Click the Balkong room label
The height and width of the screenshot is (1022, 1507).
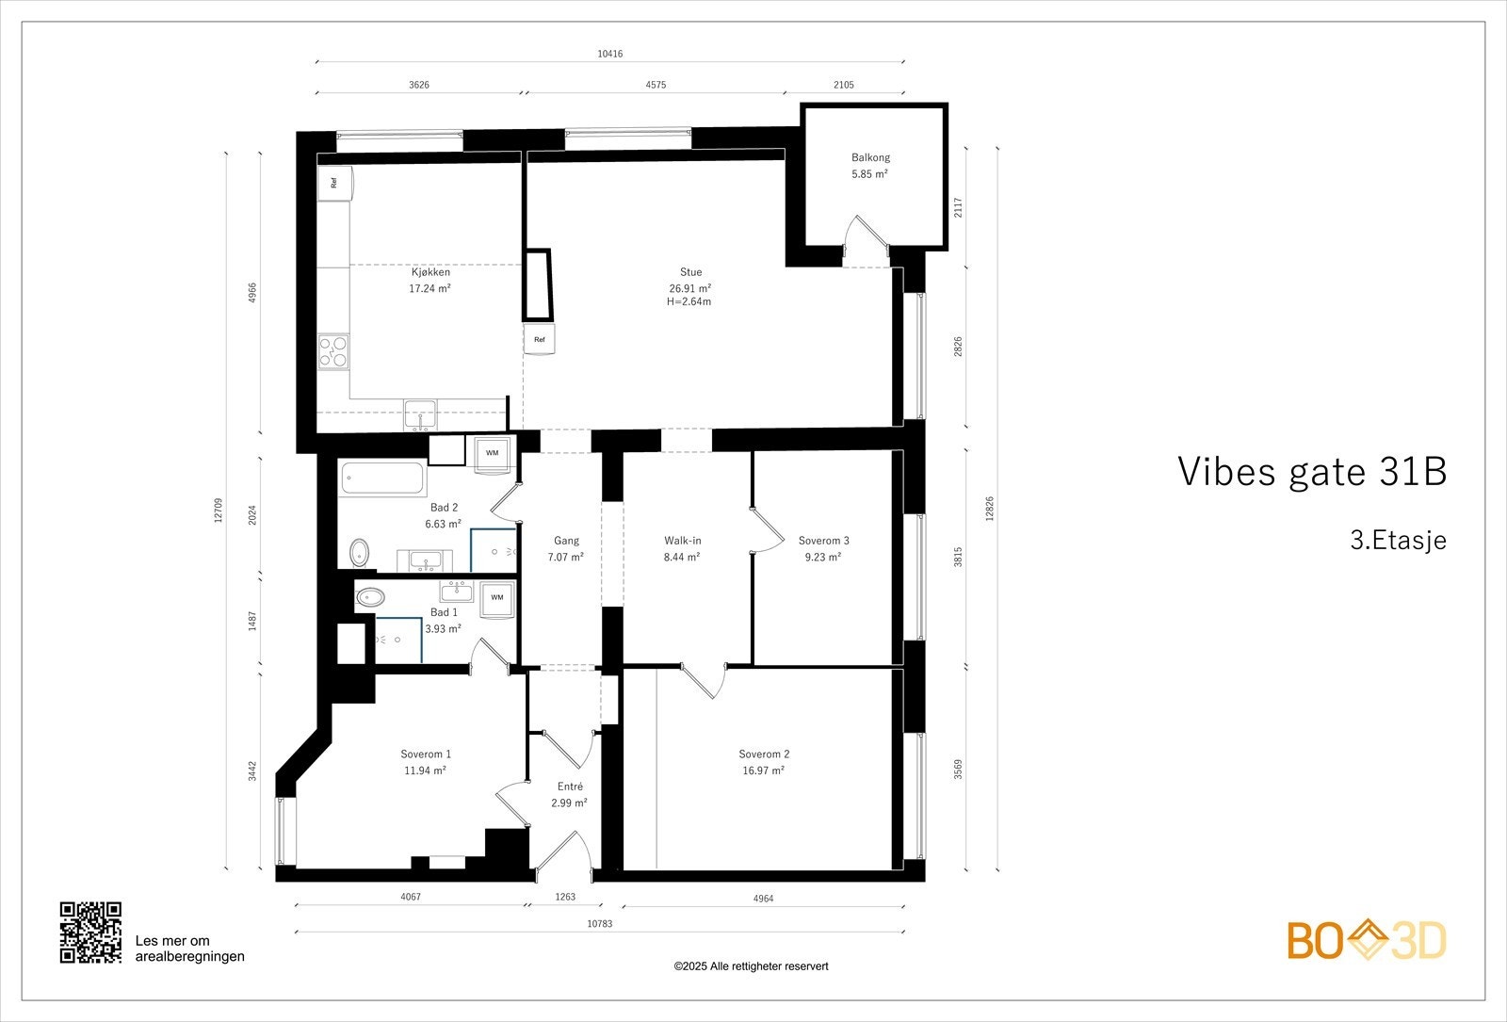click(x=870, y=158)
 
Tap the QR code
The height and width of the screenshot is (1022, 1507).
click(x=90, y=933)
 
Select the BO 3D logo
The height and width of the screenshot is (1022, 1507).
click(x=1367, y=941)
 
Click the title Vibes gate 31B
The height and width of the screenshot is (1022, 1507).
click(x=1311, y=472)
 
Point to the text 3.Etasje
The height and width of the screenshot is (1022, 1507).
click(x=1398, y=541)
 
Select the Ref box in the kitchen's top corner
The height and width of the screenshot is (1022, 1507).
click(x=334, y=183)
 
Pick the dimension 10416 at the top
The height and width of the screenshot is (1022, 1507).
click(x=609, y=54)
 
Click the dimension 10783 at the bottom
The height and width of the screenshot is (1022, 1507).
click(x=599, y=924)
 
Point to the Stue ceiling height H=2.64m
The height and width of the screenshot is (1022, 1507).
click(x=689, y=302)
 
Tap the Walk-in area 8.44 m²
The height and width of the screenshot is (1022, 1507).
click(x=682, y=557)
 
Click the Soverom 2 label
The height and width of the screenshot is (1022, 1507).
click(x=764, y=754)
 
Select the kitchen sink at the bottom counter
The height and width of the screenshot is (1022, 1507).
click(x=420, y=414)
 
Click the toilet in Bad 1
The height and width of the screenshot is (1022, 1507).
click(x=369, y=597)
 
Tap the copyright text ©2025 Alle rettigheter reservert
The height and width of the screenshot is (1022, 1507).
click(x=751, y=966)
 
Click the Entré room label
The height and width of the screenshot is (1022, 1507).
click(x=570, y=787)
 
